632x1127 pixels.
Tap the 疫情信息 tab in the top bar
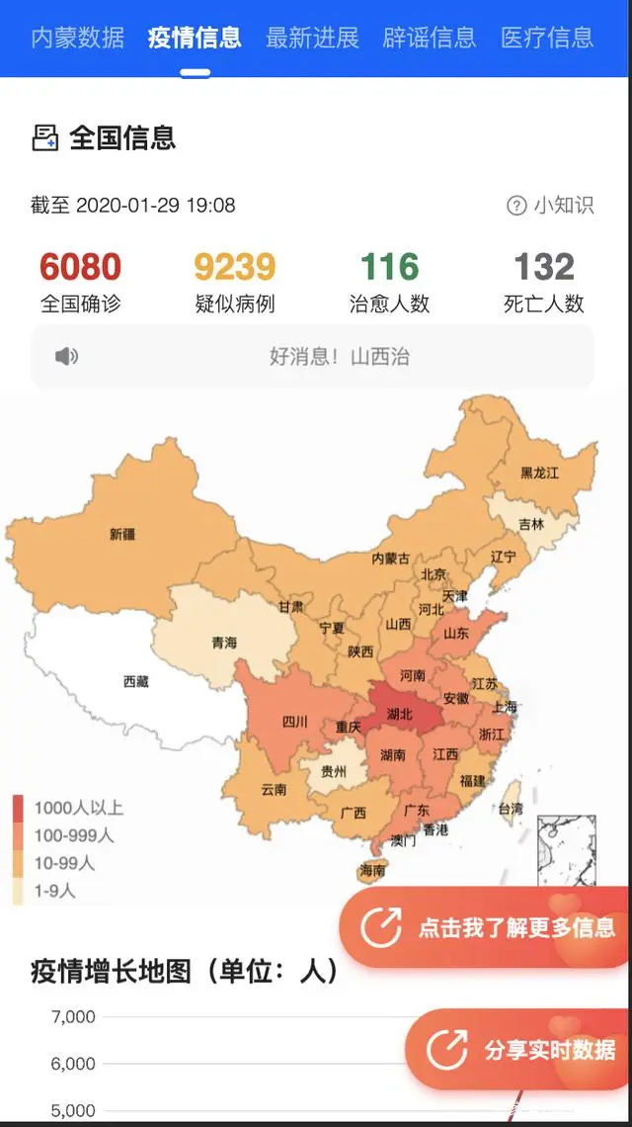tap(195, 38)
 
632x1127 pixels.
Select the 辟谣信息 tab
tap(430, 38)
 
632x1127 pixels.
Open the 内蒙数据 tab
tap(78, 38)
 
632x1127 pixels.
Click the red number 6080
tap(80, 267)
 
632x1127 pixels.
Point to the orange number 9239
tap(234, 267)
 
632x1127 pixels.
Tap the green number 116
tap(389, 267)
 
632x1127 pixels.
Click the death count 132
tap(544, 267)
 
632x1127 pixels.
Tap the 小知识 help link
tap(551, 206)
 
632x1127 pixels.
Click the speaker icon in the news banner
tap(66, 357)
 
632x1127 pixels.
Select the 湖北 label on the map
tap(400, 714)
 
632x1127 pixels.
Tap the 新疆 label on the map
tap(122, 534)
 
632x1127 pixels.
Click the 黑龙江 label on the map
tap(539, 474)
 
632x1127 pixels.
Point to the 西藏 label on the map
tap(136, 681)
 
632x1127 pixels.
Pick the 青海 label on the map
tap(224, 643)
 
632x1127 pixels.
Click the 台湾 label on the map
tap(510, 808)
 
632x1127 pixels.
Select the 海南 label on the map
tap(372, 870)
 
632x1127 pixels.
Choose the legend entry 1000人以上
tap(78, 808)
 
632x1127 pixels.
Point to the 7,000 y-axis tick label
tap(72, 1016)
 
